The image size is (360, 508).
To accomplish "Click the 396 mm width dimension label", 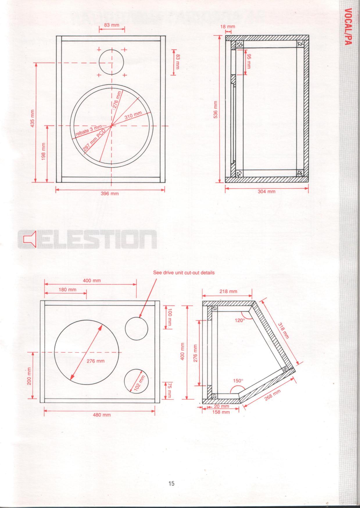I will pos(110,194).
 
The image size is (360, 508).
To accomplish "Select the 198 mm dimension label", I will pos(44,152).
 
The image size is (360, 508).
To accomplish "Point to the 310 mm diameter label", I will pos(133,115).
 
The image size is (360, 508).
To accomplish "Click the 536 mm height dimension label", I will pos(215,110).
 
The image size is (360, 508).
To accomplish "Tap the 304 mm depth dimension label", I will pos(266,192).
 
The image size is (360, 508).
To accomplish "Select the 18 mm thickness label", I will pos(228,27).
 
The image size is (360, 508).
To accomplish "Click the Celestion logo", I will pos(87,240).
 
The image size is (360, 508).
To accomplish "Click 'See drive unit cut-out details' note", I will pos(184,273).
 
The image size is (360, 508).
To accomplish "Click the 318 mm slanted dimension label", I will pos(284,330).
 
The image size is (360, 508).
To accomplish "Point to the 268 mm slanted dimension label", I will pos(273,395).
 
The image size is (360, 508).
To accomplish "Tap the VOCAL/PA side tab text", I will pos(349,27).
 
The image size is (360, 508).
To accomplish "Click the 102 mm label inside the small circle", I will pos(139,383).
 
